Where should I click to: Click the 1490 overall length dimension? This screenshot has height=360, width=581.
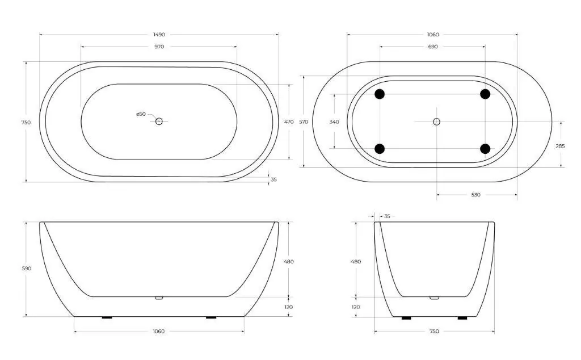[159, 35]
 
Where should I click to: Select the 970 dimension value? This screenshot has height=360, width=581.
[159, 47]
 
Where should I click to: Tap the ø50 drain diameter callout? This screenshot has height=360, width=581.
[141, 114]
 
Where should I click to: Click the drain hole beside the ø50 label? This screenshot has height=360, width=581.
[159, 122]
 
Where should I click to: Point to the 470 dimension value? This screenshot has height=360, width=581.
[289, 122]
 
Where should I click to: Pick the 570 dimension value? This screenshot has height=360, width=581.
[304, 122]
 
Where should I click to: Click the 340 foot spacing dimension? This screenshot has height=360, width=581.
[334, 122]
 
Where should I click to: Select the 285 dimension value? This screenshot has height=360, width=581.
[560, 146]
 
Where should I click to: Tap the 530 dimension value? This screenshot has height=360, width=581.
[476, 195]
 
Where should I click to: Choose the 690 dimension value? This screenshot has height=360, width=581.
[433, 47]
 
